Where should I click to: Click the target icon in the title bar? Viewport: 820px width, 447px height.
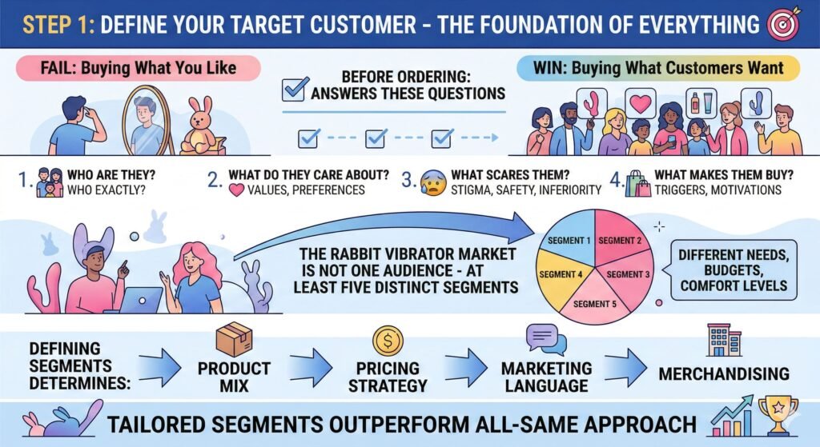tap(783, 25)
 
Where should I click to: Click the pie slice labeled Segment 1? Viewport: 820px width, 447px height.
tap(569, 242)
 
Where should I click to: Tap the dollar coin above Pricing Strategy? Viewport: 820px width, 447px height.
tap(388, 341)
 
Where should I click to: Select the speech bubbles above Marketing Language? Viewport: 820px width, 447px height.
tap(545, 339)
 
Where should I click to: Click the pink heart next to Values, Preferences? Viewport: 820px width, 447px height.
tap(236, 190)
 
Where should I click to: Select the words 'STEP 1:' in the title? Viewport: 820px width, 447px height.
tap(59, 25)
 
